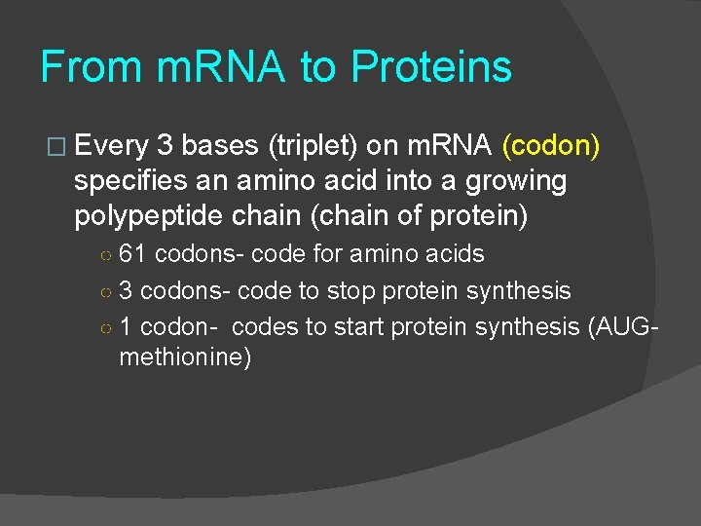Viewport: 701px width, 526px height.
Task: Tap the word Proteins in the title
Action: coord(430,68)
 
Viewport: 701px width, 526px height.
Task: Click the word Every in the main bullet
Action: coord(112,146)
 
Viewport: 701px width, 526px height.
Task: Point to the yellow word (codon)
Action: coord(550,146)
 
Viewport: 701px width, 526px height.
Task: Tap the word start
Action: coord(358,326)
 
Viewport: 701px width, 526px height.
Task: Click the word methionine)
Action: coord(185,357)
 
